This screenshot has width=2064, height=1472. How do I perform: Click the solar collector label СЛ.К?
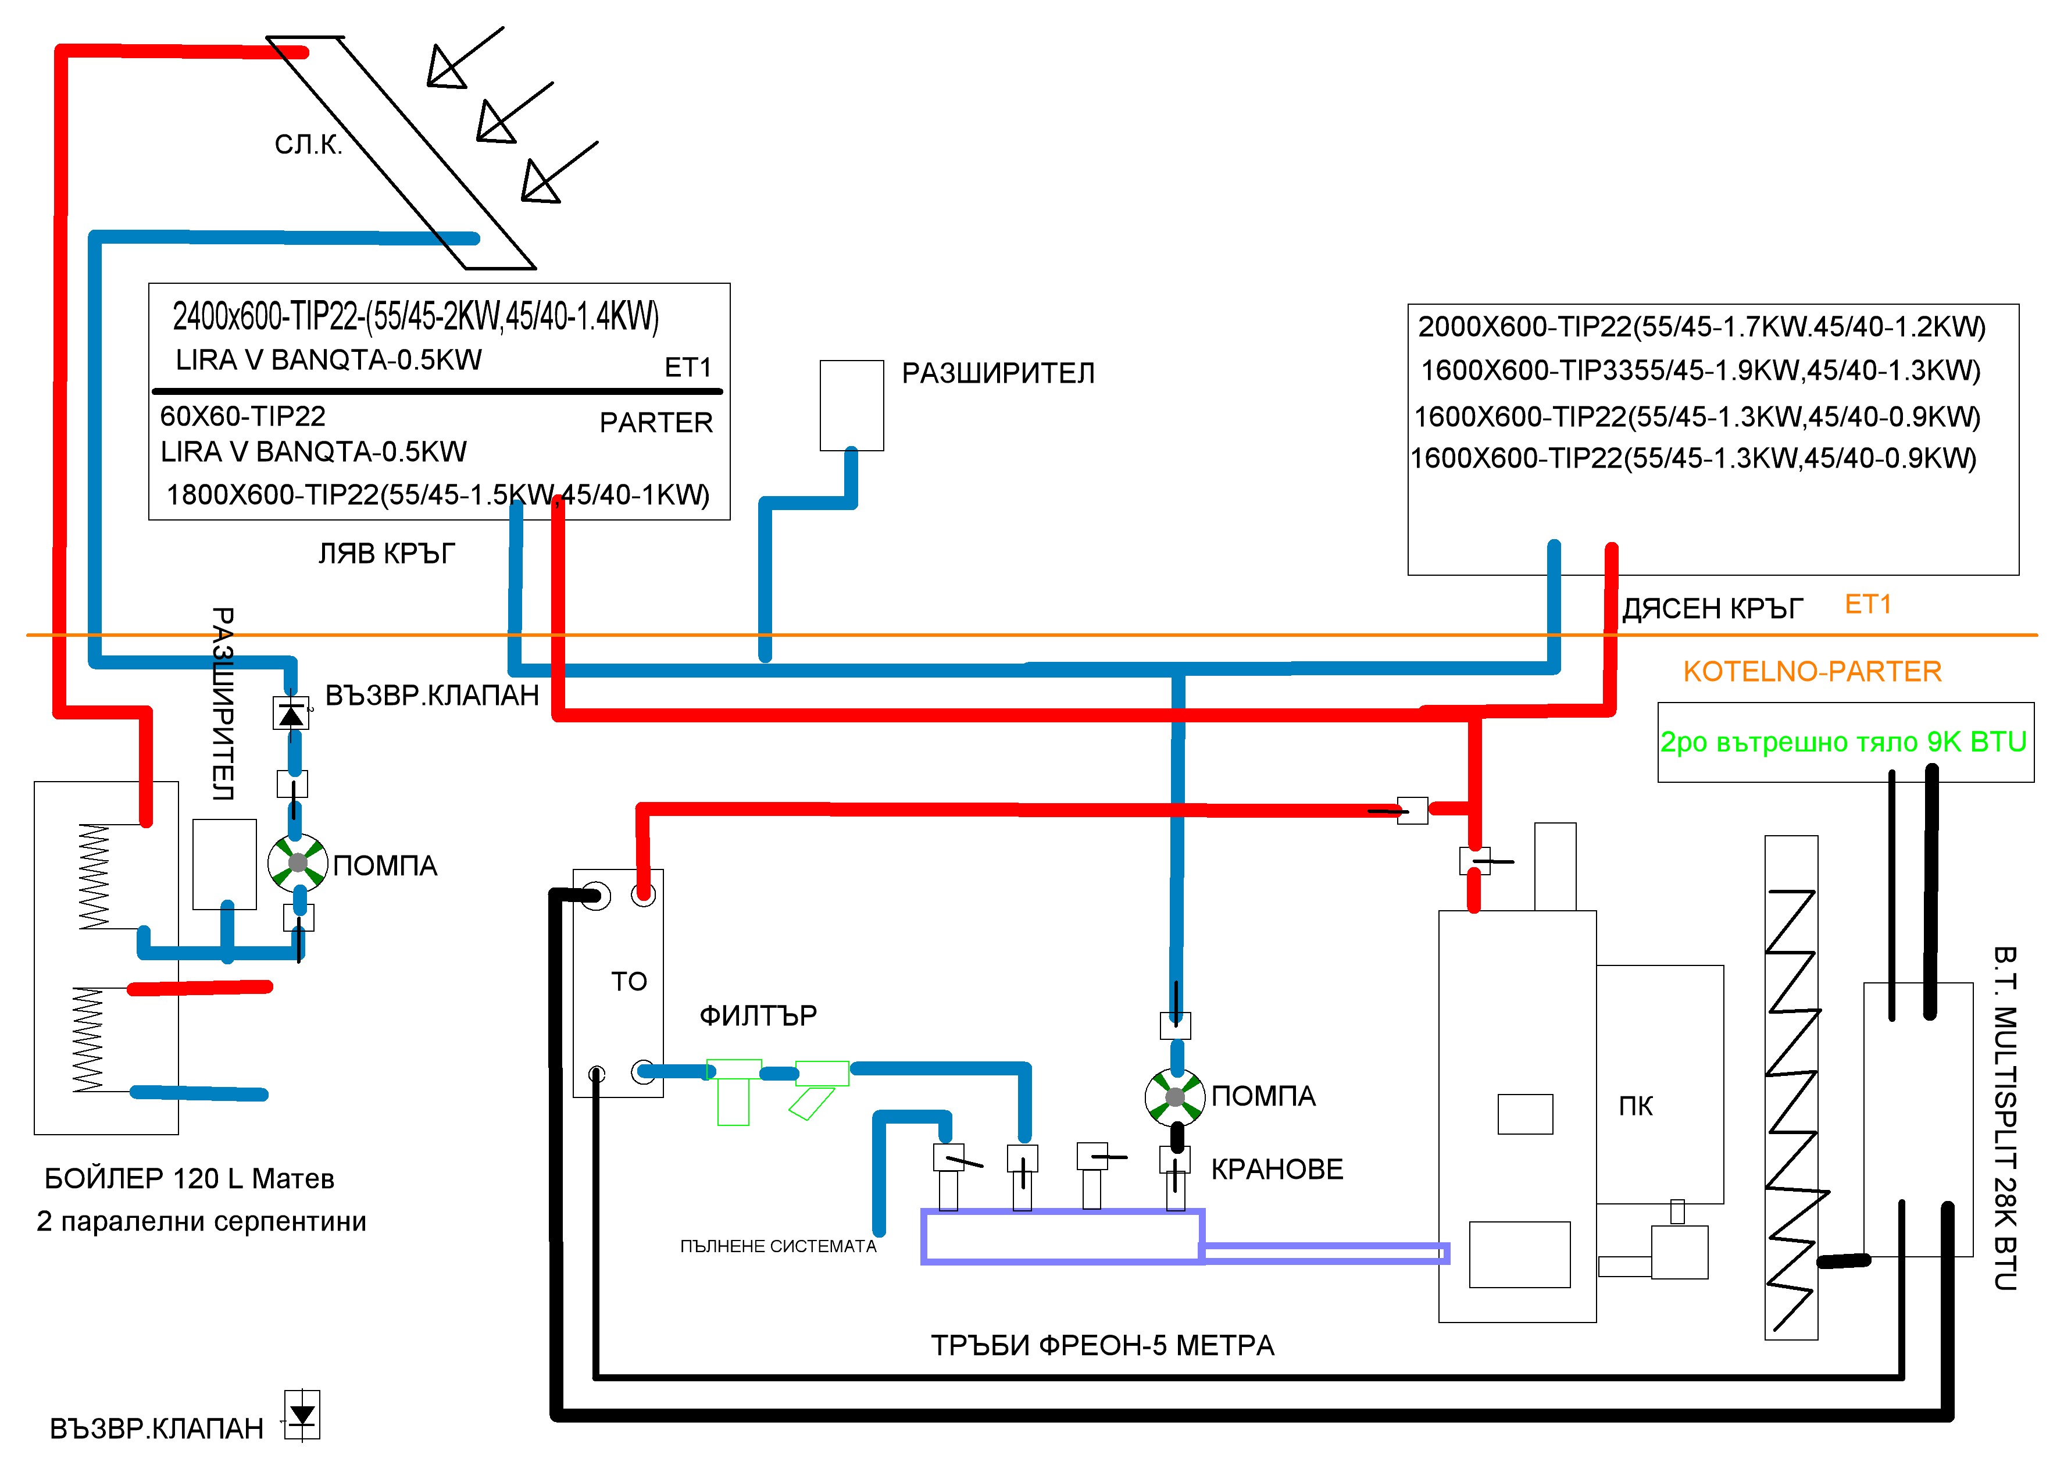pos(308,145)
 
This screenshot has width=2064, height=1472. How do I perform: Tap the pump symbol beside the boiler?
pos(297,862)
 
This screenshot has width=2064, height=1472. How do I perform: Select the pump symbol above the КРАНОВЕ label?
pos(1174,1097)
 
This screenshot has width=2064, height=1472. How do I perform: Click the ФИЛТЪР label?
pos(758,1015)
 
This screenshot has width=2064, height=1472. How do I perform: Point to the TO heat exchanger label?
pos(629,982)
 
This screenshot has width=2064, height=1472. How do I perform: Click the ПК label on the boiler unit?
pos(1636,1106)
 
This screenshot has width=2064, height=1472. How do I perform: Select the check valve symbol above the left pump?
pos(291,714)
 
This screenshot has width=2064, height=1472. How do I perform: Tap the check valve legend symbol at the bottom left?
pos(302,1415)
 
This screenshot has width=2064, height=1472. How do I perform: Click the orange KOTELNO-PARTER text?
pos(1812,672)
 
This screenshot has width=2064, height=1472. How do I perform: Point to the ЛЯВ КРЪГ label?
pos(386,553)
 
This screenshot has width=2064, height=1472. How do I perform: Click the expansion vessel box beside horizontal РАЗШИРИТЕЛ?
pos(852,405)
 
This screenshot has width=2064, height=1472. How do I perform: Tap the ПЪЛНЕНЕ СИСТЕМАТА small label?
pos(779,1246)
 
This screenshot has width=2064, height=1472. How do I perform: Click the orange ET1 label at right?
pos(1868,605)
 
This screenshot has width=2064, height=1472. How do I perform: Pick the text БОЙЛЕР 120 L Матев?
pos(190,1178)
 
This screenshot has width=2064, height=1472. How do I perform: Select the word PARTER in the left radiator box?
pos(656,422)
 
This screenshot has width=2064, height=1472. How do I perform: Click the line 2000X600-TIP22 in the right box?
pos(1702,326)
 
